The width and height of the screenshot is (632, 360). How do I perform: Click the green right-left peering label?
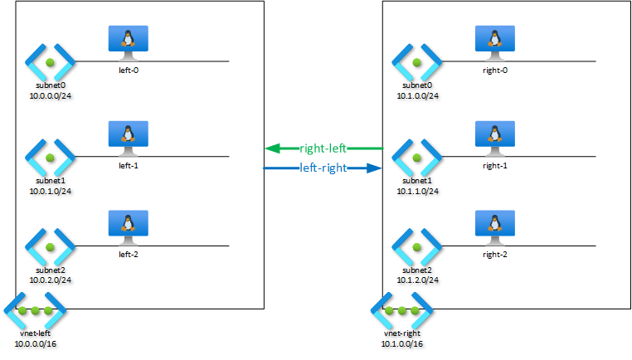323,148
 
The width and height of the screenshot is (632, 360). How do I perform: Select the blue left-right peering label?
323,168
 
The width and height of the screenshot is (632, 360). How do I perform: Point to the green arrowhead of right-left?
273,148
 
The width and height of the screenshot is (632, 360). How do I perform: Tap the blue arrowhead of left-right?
374,168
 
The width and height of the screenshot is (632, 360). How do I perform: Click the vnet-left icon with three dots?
35,310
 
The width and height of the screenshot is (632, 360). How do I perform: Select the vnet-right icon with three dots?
402,310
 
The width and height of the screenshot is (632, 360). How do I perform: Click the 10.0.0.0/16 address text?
36,344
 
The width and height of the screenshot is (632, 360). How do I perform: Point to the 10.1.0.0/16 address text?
402,344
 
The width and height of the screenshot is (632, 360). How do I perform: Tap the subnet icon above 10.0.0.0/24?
50,62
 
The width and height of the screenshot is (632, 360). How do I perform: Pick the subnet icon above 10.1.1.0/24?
416,158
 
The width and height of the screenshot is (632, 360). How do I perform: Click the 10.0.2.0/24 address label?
51,280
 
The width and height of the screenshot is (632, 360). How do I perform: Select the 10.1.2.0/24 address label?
417,280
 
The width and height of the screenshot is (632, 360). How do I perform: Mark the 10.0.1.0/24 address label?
51,191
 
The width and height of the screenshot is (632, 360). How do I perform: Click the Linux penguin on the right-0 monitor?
495,38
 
